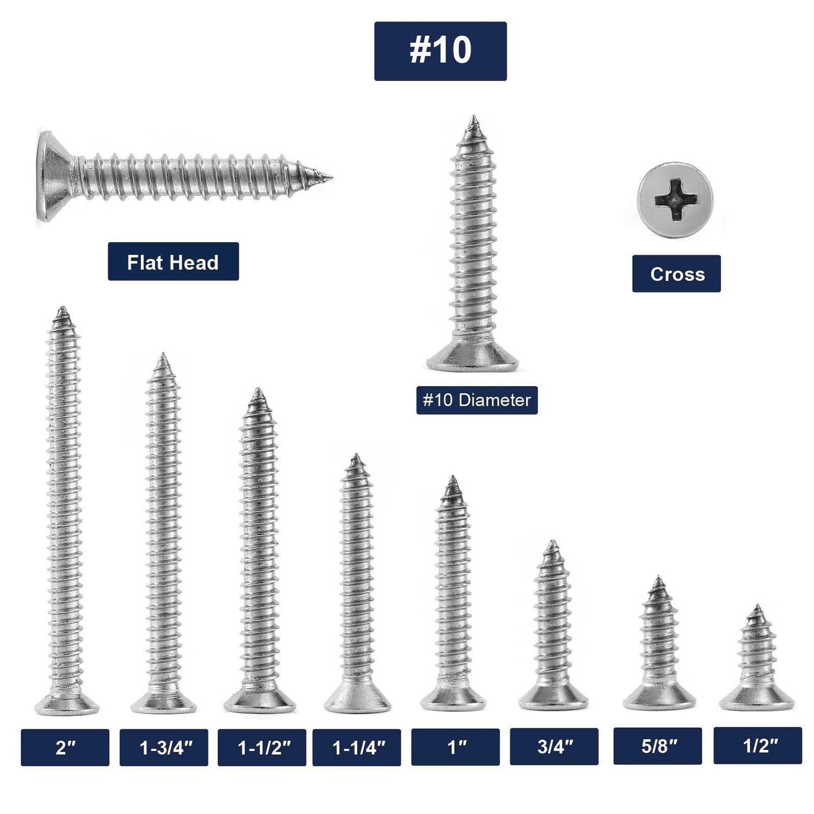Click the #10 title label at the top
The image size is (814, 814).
(x=440, y=51)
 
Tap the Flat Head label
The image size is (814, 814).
(x=173, y=262)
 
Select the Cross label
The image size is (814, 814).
(x=676, y=274)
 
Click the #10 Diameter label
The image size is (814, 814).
(x=476, y=400)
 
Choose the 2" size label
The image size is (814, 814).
(x=65, y=747)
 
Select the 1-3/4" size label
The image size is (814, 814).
(x=164, y=747)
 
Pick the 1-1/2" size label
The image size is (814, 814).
(x=262, y=747)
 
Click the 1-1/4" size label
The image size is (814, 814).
(x=357, y=747)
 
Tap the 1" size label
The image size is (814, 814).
(x=455, y=747)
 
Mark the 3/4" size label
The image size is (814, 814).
(x=554, y=747)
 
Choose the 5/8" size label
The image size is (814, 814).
(x=658, y=746)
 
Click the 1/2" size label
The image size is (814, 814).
(x=758, y=745)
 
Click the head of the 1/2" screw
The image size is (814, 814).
(x=756, y=699)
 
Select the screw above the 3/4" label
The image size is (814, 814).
(x=553, y=624)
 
